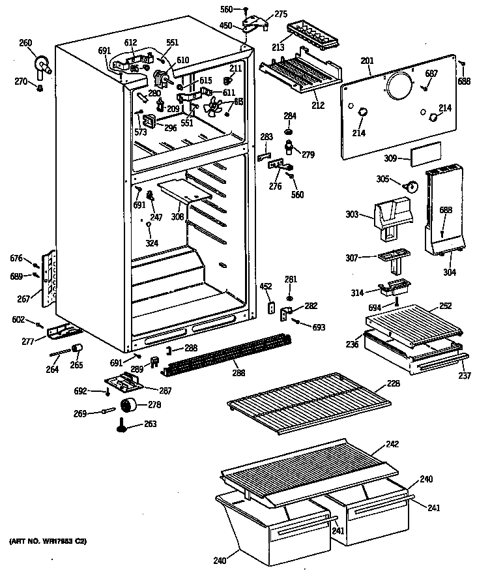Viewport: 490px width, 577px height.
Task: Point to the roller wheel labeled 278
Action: click(133, 406)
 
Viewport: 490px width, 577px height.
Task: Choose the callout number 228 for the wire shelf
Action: click(394, 384)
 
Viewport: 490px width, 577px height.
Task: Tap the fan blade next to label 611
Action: click(214, 106)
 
